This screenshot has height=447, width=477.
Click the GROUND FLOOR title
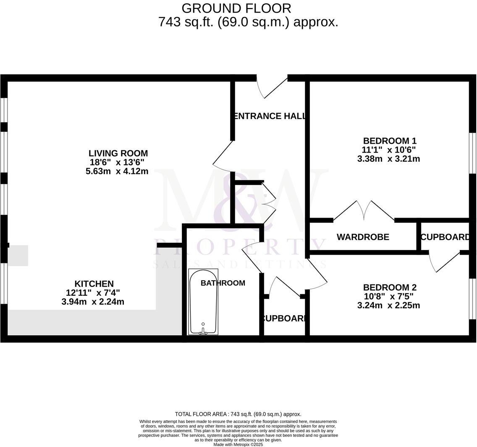pyautogui.click(x=236, y=8)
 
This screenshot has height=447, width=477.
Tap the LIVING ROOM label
pyautogui.click(x=118, y=153)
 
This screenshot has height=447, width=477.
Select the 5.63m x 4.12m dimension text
pyautogui.click(x=117, y=171)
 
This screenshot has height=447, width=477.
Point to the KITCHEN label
pyautogui.click(x=94, y=284)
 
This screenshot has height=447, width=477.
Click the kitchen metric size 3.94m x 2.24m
pyautogui.click(x=93, y=302)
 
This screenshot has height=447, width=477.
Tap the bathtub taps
pyautogui.click(x=203, y=331)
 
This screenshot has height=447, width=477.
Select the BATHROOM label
pyautogui.click(x=223, y=283)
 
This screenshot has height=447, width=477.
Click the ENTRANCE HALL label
pyautogui.click(x=269, y=116)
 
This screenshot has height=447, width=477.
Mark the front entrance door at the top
pyautogui.click(x=272, y=86)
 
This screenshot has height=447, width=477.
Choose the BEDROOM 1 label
pyautogui.click(x=390, y=141)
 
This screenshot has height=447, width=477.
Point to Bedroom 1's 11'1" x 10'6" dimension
pyautogui.click(x=389, y=150)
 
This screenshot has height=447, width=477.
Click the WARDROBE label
pyautogui.click(x=363, y=237)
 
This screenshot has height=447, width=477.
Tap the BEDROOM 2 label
pyautogui.click(x=390, y=288)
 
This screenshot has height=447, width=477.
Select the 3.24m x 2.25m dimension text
pyautogui.click(x=388, y=305)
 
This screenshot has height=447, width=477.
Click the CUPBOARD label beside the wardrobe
pyautogui.click(x=445, y=237)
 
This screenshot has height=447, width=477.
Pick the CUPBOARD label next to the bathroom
pyautogui.click(x=284, y=319)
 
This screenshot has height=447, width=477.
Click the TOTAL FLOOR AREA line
pyautogui.click(x=238, y=414)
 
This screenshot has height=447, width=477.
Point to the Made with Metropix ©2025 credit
pyautogui.click(x=238, y=444)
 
